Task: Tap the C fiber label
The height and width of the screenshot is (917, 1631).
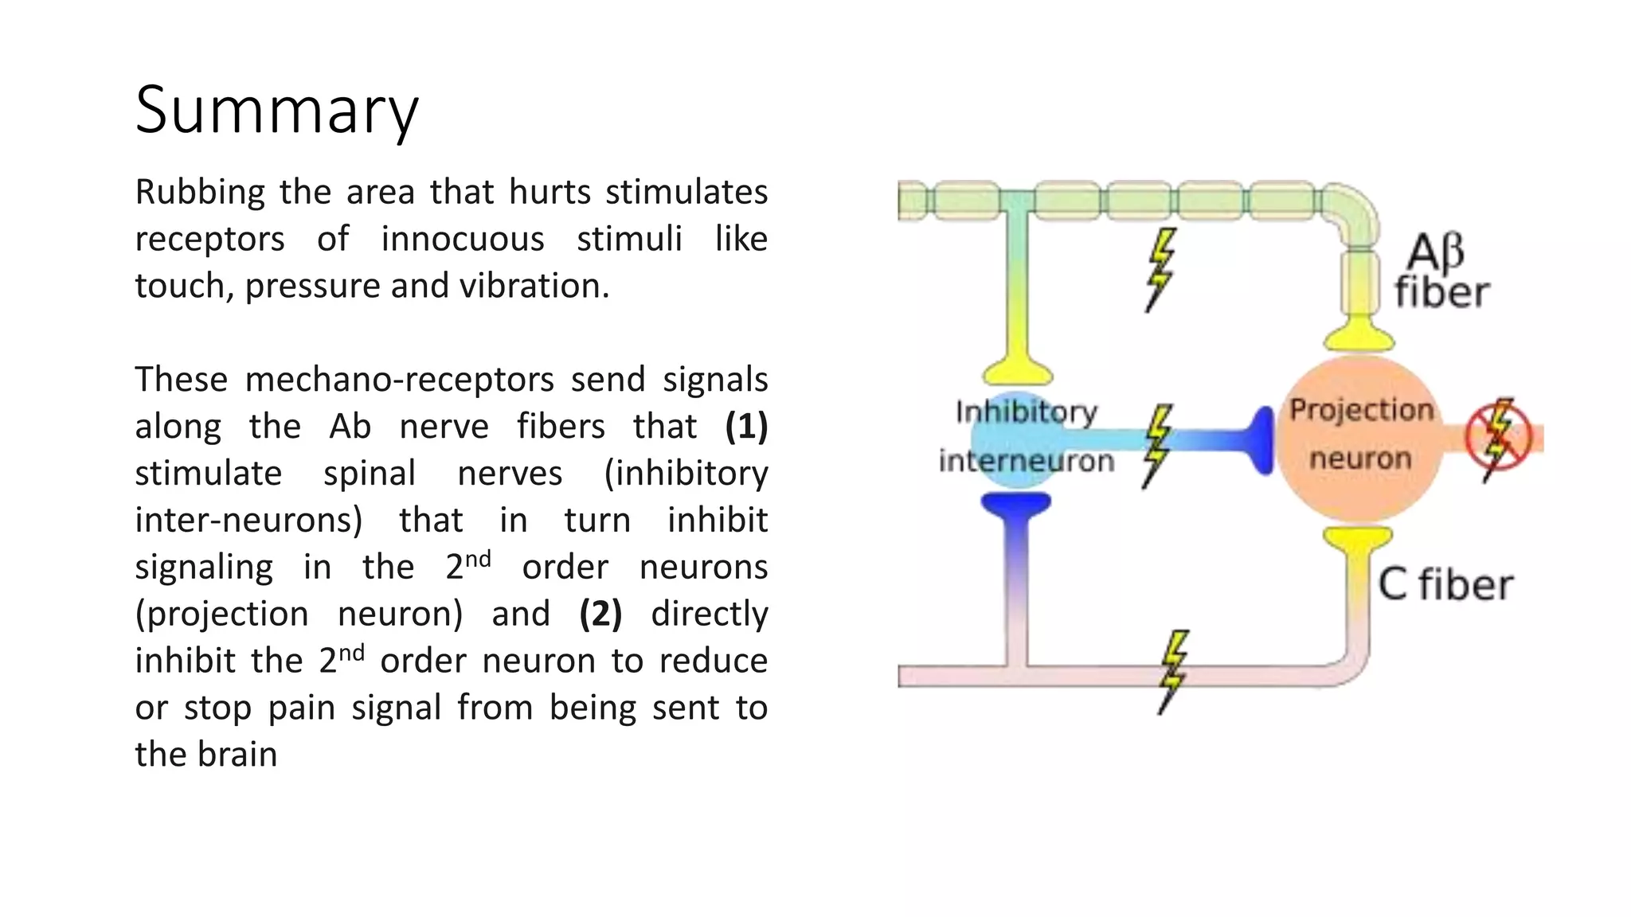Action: [1445, 585]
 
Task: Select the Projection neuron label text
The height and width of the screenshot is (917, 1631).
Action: [1361, 435]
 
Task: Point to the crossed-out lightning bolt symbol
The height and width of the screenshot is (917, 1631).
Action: [1499, 437]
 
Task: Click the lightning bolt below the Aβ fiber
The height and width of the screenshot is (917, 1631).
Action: [1160, 269]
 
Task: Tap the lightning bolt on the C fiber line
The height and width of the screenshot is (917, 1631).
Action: [1171, 671]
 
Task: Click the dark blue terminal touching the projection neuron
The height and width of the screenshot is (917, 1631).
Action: [1261, 440]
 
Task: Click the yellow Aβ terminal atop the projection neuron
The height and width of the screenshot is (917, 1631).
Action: [1359, 334]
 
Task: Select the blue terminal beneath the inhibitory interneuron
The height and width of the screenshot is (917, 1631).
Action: [1015, 506]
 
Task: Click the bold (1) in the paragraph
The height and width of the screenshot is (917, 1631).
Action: [746, 426]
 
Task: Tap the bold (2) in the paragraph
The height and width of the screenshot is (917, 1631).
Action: [600, 614]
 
